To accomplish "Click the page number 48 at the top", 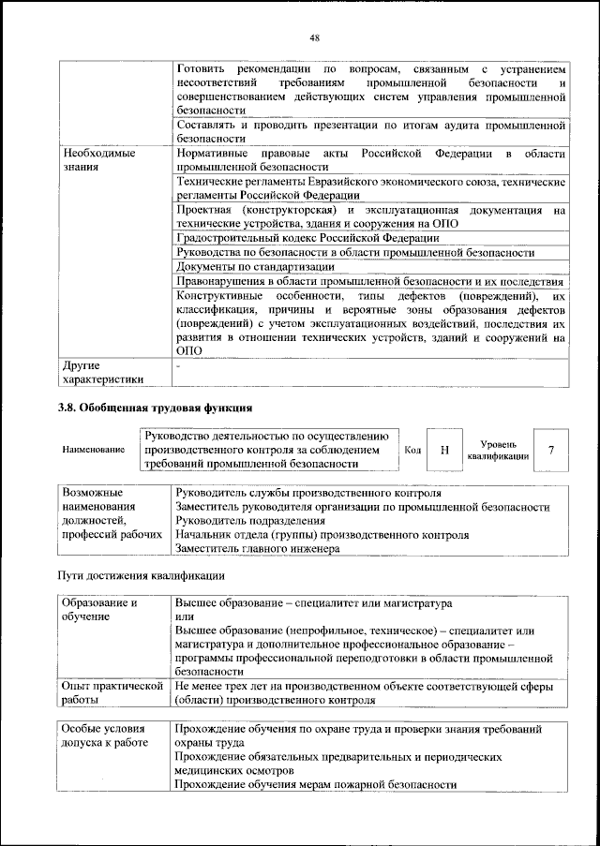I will [314, 37].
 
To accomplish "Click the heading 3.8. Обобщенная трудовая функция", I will [157, 408].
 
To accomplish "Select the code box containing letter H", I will [444, 450].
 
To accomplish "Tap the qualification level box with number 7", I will [551, 450].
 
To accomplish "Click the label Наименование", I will [94, 451].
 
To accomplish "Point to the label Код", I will [412, 451].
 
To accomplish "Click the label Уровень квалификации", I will [497, 449].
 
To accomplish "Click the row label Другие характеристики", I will [102, 372].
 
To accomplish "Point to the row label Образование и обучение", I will [103, 610].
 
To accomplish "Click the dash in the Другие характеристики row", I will [178, 366].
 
